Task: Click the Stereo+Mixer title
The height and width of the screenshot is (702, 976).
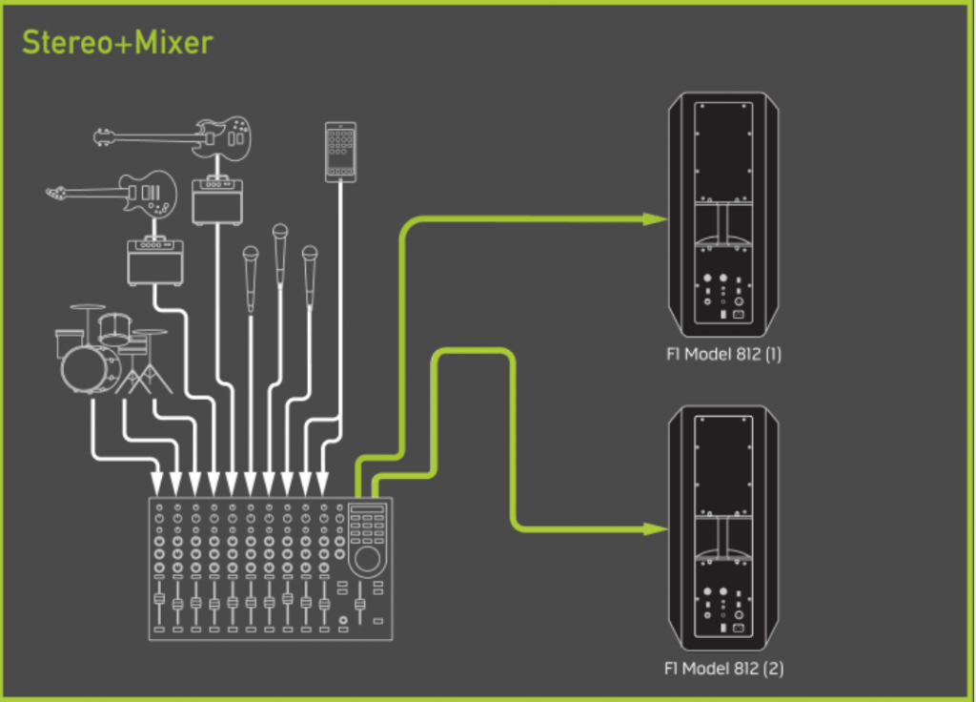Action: [x=116, y=42]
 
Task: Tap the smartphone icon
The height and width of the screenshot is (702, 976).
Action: [x=340, y=151]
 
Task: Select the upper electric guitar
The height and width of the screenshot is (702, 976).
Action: [x=181, y=137]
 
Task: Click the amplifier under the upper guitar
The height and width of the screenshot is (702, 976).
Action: [x=216, y=201]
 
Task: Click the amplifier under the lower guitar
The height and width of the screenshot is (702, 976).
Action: [x=155, y=261]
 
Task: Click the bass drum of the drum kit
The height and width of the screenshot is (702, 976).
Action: [x=88, y=368]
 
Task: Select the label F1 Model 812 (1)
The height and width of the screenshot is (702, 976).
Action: [x=723, y=355]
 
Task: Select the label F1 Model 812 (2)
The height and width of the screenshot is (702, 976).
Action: [x=723, y=669]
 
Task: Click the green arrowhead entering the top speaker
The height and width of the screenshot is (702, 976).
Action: [x=655, y=218]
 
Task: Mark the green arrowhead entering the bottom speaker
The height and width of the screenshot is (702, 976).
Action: [x=655, y=527]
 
